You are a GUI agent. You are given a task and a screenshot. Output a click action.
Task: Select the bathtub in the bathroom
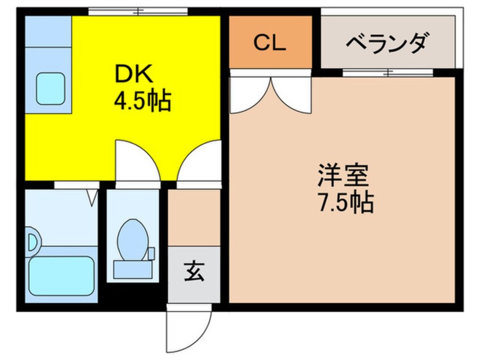(61, 275)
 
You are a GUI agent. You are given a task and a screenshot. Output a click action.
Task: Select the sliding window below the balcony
(388, 73)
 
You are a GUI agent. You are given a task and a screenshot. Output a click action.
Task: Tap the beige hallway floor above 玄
(194, 219)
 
